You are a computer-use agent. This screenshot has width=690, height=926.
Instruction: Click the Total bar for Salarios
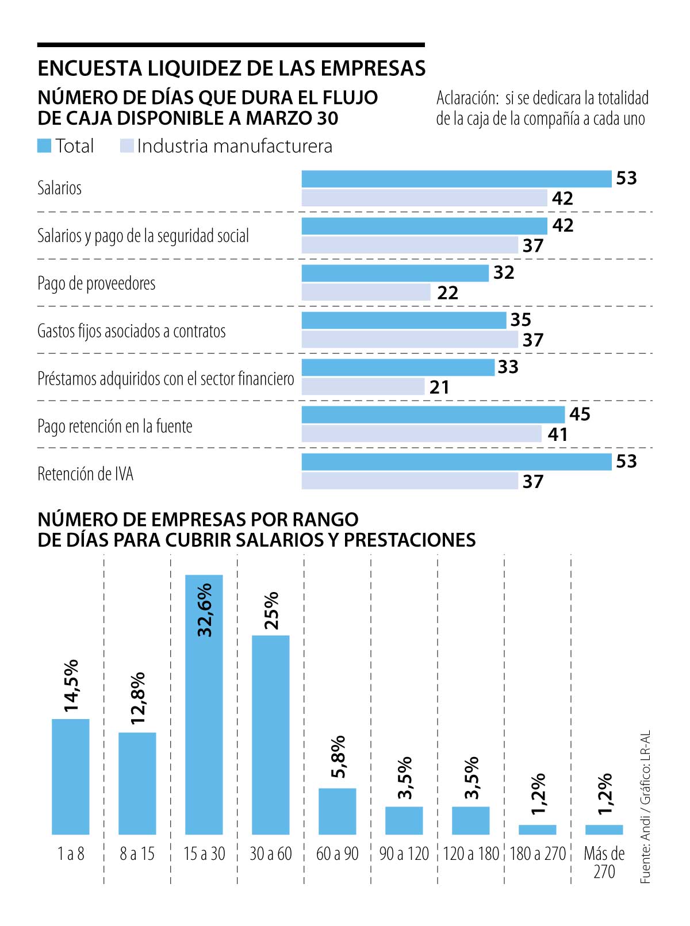pyautogui.click(x=456, y=179)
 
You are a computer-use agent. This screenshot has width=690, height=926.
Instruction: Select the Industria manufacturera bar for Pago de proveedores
pyautogui.click(x=366, y=292)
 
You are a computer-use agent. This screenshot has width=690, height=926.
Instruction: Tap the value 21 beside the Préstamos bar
pyautogui.click(x=439, y=387)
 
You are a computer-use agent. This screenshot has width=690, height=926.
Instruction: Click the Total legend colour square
pyautogui.click(x=44, y=146)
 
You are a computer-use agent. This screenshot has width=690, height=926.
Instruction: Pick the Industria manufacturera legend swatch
pyautogui.click(x=126, y=146)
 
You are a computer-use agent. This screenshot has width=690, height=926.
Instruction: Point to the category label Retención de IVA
pyautogui.click(x=85, y=474)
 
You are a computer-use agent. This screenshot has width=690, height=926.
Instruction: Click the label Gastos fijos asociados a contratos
pyautogui.click(x=131, y=331)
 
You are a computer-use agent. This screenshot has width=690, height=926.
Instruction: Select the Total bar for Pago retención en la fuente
pyautogui.click(x=433, y=414)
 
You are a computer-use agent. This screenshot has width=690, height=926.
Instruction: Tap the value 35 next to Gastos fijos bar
pyautogui.click(x=520, y=320)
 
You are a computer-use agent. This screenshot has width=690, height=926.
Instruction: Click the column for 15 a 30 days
pyautogui.click(x=204, y=704)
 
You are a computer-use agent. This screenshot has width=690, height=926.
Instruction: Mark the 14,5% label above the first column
pyautogui.click(x=71, y=686)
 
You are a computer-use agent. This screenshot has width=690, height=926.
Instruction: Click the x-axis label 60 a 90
pyautogui.click(x=337, y=854)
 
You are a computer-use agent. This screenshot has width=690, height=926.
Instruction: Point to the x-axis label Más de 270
pyautogui.click(x=604, y=862)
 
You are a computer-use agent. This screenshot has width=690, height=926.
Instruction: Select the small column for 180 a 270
pyautogui.click(x=537, y=829)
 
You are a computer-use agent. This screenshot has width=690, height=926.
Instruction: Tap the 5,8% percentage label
pyautogui.click(x=339, y=756)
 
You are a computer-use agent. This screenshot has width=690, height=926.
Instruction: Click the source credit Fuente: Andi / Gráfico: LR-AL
pyautogui.click(x=646, y=807)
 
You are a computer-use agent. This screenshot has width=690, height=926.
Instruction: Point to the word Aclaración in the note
pyautogui.click(x=467, y=98)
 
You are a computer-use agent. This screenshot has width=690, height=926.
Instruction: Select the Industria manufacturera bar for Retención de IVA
pyautogui.click(x=409, y=481)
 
